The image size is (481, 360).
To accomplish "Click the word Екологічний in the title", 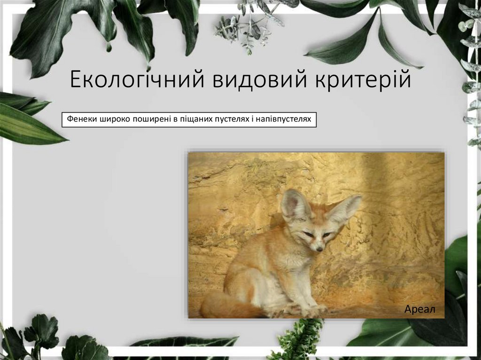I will coord(136,80).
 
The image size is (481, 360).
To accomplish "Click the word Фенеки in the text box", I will coord(81,120).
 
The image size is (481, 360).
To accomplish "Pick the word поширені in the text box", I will coord(152,120).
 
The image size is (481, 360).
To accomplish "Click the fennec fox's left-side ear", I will coord(294,205).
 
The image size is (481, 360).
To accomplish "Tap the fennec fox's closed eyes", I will coord(317,234).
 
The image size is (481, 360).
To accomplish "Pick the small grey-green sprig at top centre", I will coord(244,28).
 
